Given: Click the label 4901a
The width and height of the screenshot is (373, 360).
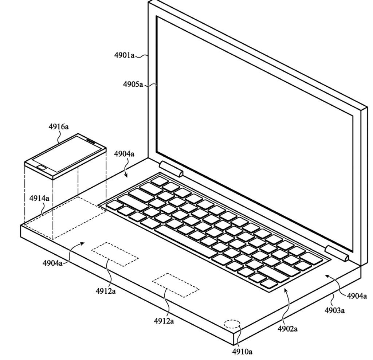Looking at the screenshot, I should click(124, 56).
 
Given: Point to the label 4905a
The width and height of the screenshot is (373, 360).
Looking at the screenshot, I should click(133, 85).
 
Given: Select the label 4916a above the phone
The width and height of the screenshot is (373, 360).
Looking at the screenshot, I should click(59, 126).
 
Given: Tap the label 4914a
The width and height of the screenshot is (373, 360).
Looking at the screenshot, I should click(39, 198).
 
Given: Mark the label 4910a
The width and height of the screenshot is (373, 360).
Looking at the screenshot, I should click(242, 352).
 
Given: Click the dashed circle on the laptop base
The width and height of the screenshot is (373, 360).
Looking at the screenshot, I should click(232, 324).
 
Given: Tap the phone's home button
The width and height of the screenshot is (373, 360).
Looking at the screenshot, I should click(42, 168).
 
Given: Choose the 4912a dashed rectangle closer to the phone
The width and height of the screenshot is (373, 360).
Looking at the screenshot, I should click(115, 254).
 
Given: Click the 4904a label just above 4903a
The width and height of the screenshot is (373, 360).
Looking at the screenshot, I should click(356, 296).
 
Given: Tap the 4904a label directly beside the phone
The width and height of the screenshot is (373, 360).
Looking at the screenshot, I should click(124, 154).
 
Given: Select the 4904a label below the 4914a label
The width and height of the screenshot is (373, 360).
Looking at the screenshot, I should click(52, 262).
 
